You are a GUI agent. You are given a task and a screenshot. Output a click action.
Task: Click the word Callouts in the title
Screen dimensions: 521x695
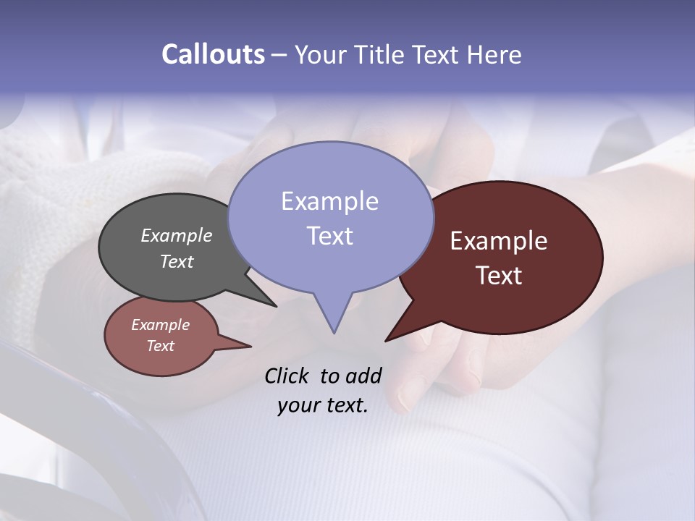pyautogui.click(x=213, y=55)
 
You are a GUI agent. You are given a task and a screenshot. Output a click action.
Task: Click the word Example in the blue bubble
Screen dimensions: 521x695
pyautogui.click(x=329, y=201)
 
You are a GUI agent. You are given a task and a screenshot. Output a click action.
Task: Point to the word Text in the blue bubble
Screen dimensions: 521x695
pyautogui.click(x=329, y=236)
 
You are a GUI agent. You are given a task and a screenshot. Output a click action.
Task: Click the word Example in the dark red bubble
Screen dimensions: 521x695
pyautogui.click(x=499, y=241)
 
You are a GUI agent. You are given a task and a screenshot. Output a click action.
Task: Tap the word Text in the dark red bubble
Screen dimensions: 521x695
pyautogui.click(x=499, y=276)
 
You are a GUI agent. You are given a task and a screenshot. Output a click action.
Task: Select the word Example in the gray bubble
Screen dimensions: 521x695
pyautogui.click(x=176, y=236)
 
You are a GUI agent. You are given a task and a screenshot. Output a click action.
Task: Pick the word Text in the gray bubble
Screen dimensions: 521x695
pyautogui.click(x=176, y=261)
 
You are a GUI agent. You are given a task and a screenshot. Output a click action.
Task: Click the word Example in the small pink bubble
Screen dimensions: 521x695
pyautogui.click(x=160, y=325)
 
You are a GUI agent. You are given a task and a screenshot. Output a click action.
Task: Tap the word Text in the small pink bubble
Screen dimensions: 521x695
pyautogui.click(x=160, y=346)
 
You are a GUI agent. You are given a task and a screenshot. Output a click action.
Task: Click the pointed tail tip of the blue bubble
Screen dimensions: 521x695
pyautogui.click(x=334, y=332)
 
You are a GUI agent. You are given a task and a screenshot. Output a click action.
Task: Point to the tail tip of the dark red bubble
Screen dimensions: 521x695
pyautogui.click(x=386, y=340)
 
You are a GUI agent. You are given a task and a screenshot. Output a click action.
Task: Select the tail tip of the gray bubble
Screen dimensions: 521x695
pyautogui.click(x=276, y=306)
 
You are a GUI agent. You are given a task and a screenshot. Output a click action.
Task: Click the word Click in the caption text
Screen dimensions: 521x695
pyautogui.click(x=287, y=376)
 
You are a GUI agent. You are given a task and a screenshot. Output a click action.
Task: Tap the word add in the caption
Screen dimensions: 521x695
pyautogui.click(x=363, y=376)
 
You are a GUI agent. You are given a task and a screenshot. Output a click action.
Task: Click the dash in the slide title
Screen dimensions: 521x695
pyautogui.click(x=279, y=55)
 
